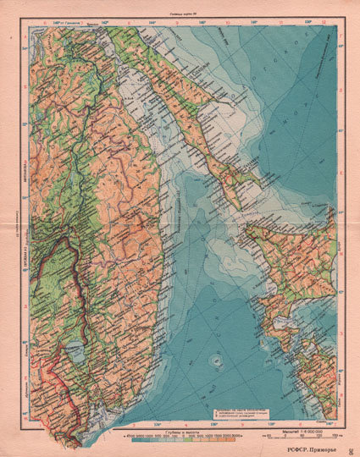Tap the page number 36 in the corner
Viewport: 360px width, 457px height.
pyautogui.click(x=352, y=449)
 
